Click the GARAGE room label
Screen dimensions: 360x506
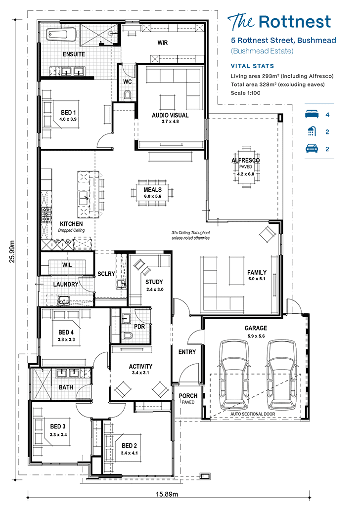(x=256, y=328)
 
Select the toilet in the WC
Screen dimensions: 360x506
(x=128, y=95)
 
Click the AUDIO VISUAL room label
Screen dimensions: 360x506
(x=170, y=115)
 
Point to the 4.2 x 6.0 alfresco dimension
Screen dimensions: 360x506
(x=245, y=174)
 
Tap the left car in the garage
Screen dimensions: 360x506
(x=234, y=375)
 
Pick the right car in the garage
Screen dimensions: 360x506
(x=281, y=375)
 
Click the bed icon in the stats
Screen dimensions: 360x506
(x=312, y=114)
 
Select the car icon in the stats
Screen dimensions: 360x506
(x=312, y=148)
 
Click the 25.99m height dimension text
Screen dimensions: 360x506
(x=12, y=252)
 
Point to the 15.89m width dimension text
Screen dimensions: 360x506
(x=167, y=494)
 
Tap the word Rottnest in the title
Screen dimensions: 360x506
(x=295, y=22)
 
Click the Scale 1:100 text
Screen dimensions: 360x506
(x=245, y=93)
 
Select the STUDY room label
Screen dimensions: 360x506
(x=154, y=282)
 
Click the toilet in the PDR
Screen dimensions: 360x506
(x=128, y=336)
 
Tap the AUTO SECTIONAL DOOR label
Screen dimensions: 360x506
(x=253, y=414)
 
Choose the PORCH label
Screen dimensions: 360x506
(x=188, y=396)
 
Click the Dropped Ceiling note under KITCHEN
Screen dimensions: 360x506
(x=71, y=230)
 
